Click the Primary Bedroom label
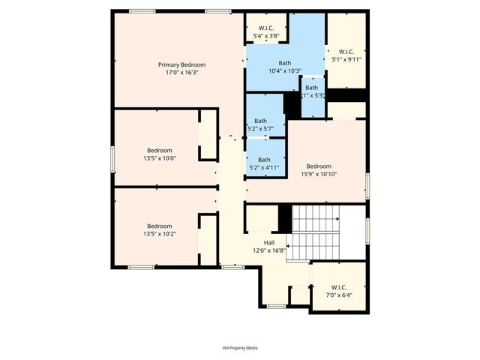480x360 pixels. pyautogui.click(x=181, y=64)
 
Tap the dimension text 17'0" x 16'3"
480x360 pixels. pyautogui.click(x=181, y=73)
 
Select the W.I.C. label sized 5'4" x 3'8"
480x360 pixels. pyautogui.click(x=266, y=28)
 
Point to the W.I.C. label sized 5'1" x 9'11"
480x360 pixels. pyautogui.click(x=346, y=51)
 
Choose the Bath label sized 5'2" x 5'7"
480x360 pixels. pyautogui.click(x=260, y=121)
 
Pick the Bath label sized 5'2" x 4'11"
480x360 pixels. pyautogui.click(x=264, y=159)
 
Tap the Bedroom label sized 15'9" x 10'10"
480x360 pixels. pyautogui.click(x=319, y=166)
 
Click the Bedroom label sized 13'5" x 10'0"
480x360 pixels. pyautogui.click(x=159, y=150)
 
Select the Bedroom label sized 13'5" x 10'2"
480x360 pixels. pyautogui.click(x=159, y=226)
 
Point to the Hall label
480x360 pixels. pyautogui.click(x=268, y=243)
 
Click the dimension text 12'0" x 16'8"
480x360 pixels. pyautogui.click(x=268, y=251)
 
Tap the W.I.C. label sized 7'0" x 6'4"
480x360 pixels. pyautogui.click(x=338, y=286)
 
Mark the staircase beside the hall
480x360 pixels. pyautogui.click(x=315, y=232)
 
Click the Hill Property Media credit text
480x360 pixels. pyautogui.click(x=240, y=348)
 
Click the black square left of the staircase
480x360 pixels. pyautogui.click(x=284, y=218)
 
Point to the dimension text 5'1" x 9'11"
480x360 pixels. pyautogui.click(x=346, y=59)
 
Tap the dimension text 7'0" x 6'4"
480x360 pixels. pyautogui.click(x=338, y=295)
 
